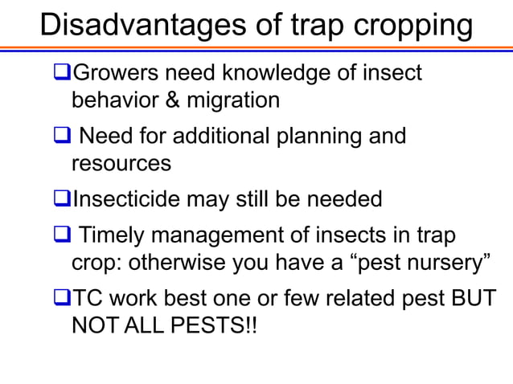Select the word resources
121,163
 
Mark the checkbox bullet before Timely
61,235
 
